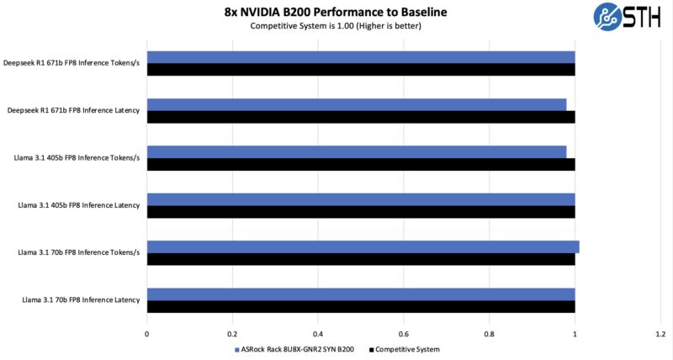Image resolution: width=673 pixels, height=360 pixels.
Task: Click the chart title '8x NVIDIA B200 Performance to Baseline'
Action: click(x=336, y=12)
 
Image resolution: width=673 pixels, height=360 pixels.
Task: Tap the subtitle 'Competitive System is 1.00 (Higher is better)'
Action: click(x=336, y=26)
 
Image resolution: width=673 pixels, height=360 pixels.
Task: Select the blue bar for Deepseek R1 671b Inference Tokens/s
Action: click(x=361, y=56)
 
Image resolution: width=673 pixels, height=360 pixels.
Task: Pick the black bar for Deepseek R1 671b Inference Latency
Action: click(x=361, y=117)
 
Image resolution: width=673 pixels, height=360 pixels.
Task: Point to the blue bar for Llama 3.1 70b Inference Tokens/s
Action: click(x=363, y=246)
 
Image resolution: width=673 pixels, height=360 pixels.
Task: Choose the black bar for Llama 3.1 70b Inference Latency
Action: click(x=361, y=306)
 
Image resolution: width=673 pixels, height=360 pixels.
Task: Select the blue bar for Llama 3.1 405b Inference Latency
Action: click(x=361, y=199)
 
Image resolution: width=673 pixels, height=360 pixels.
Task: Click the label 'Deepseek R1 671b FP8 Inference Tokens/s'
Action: click(x=73, y=63)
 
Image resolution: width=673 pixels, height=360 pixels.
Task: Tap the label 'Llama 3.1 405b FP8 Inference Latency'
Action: click(x=79, y=205)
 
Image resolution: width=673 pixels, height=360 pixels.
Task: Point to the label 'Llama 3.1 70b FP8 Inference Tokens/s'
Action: click(x=78, y=252)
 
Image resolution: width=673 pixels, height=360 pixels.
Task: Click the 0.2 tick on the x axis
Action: click(x=233, y=334)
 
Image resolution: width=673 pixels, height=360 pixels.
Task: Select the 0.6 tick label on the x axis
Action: click(x=404, y=334)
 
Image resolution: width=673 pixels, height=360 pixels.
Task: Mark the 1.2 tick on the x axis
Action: click(x=660, y=334)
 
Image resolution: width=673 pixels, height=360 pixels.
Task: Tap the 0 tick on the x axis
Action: click(x=147, y=334)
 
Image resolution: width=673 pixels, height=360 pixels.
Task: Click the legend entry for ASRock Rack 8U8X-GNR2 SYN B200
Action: click(x=299, y=349)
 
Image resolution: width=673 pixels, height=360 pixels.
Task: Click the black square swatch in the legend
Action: click(x=370, y=349)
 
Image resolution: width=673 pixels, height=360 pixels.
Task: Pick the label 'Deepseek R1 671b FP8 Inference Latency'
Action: click(x=76, y=110)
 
